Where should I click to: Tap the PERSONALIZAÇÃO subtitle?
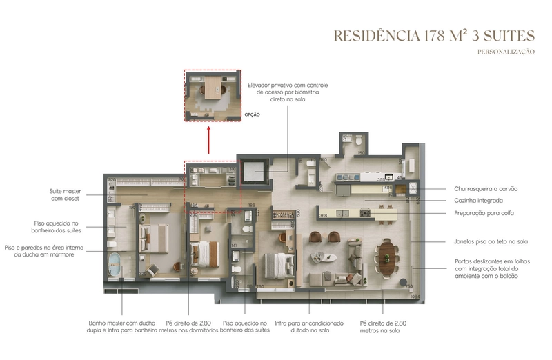coord(506,52)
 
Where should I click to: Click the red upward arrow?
coord(209,141)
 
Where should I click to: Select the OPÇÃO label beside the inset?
coord(253,114)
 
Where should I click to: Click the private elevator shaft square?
coord(255,172)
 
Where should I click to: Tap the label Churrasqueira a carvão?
coord(486,188)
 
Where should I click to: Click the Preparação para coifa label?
coord(484,213)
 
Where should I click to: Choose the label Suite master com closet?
coord(63,194)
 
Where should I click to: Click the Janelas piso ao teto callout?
coord(491,242)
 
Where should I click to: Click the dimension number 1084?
coord(415,297)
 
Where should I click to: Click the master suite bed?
coord(155,239)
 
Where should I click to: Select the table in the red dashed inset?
coord(212,89)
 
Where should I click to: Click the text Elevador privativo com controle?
coord(287,85)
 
